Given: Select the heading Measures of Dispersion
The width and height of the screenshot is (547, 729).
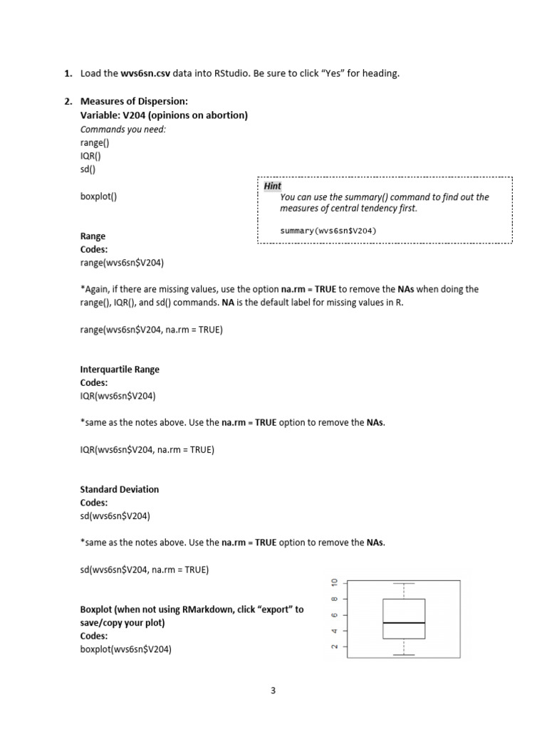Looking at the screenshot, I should tap(135, 101).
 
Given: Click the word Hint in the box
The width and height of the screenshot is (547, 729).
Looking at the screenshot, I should tap(272, 186).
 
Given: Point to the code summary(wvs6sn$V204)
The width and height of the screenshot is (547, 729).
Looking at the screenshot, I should tap(328, 231).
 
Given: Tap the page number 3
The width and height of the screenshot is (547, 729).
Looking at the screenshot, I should tap(273, 690).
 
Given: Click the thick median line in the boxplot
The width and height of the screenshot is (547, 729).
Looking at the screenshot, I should tap(404, 623).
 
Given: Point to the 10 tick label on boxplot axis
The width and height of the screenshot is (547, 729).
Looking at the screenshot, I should tap(332, 583).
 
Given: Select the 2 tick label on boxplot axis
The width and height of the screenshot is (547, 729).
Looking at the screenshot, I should tap(332, 646).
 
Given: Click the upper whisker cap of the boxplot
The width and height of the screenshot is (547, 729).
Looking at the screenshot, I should tap(404, 583).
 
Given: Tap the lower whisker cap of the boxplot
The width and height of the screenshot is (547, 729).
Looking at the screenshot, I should tap(404, 655).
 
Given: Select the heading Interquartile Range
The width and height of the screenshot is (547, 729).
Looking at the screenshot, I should tap(120, 369).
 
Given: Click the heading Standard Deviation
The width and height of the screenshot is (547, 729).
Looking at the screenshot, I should tap(120, 489).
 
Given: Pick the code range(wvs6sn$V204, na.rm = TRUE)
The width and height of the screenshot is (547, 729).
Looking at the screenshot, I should tap(151, 330).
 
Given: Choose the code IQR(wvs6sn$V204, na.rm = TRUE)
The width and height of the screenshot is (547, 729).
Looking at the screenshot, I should tap(147, 449).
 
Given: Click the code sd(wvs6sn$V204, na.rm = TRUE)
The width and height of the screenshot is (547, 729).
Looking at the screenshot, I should tap(145, 570).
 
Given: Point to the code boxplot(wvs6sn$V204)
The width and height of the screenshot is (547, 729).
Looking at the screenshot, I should tap(126, 649).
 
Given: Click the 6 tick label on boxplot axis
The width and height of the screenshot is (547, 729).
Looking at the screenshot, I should tap(332, 615).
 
